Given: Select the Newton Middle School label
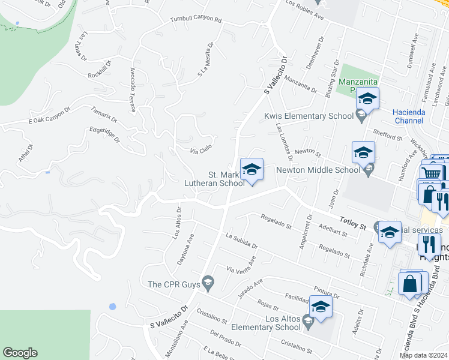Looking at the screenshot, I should coord(318,170).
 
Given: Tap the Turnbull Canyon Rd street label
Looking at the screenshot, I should coord(196,20).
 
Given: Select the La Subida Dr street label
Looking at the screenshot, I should coord(241,241).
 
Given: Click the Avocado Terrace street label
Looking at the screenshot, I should coord(133,88).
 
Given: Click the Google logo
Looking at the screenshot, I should coord(20,353).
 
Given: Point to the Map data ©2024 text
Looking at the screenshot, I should coord(424,355).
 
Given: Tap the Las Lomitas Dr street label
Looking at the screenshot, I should coord(284,143).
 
